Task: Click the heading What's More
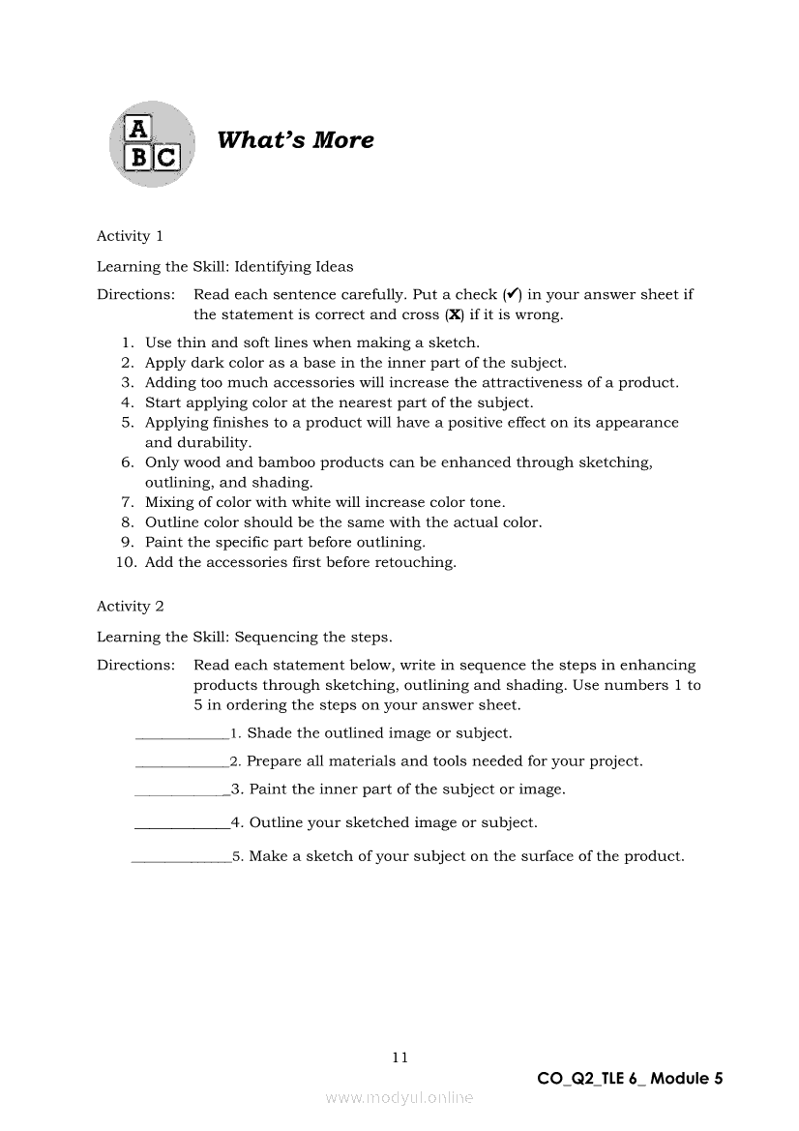click(295, 140)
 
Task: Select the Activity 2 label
click(131, 607)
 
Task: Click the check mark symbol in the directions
click(510, 294)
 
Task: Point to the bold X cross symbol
click(454, 314)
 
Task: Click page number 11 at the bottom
click(399, 1057)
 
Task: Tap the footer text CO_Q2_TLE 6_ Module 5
click(630, 1079)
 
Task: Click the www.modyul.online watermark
click(399, 1098)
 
